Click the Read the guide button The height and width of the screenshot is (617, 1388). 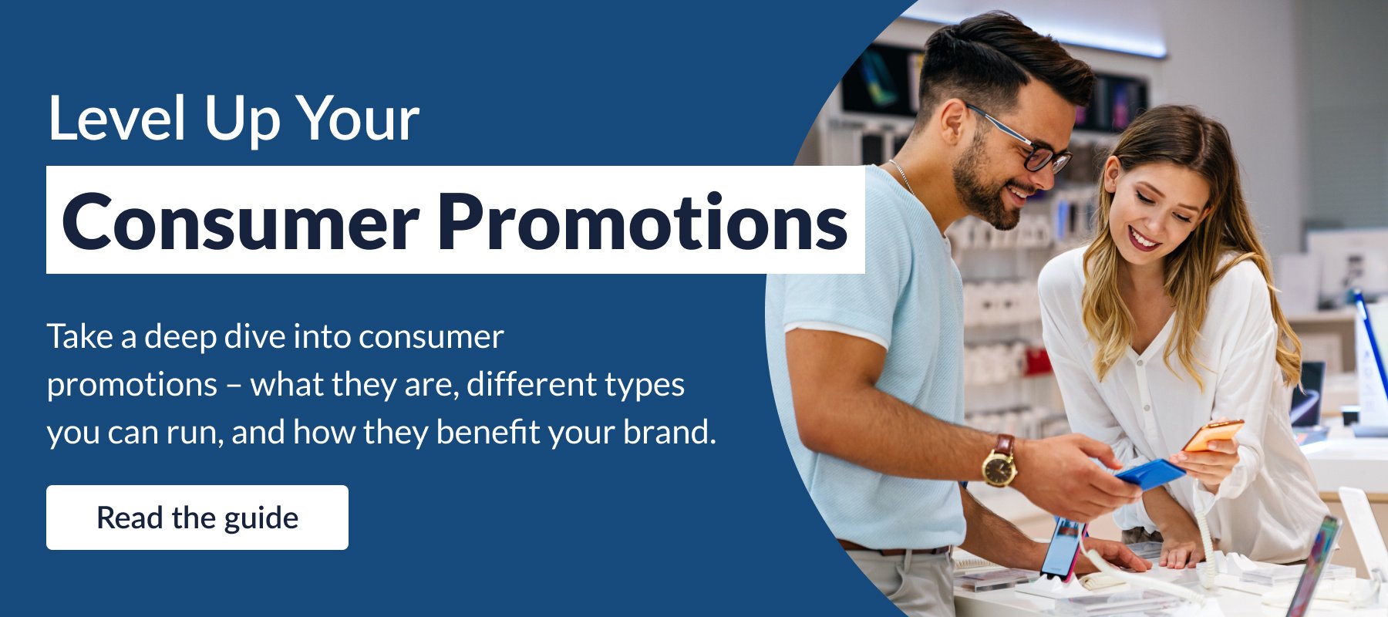[x=197, y=518]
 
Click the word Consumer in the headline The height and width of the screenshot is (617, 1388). [x=241, y=221]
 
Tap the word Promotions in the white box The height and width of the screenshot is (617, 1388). [x=646, y=221]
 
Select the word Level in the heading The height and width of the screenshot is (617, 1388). [x=117, y=119]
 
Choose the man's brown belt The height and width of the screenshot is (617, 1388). [x=894, y=550]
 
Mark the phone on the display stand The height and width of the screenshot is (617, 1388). [x=1063, y=548]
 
